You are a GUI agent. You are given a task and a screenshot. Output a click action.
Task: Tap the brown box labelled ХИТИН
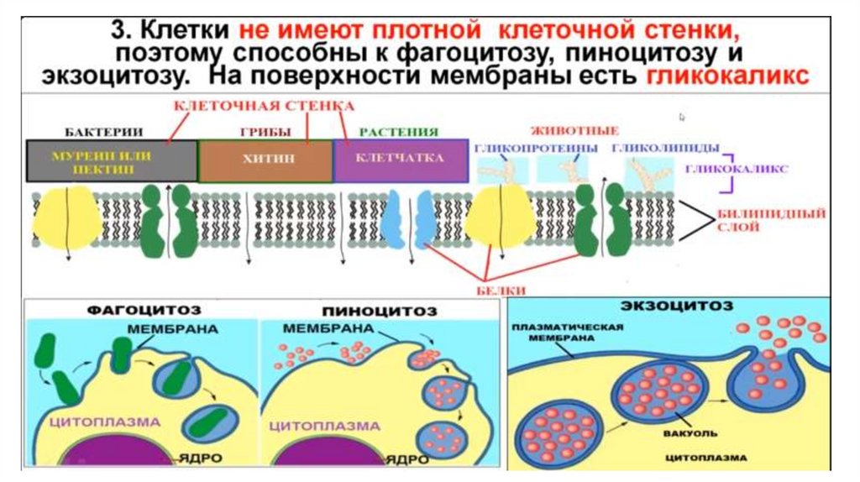[x=265, y=160]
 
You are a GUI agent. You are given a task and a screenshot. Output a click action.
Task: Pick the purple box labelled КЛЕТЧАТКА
[x=400, y=160]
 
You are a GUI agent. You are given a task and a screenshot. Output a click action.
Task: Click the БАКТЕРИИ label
[x=102, y=132]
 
